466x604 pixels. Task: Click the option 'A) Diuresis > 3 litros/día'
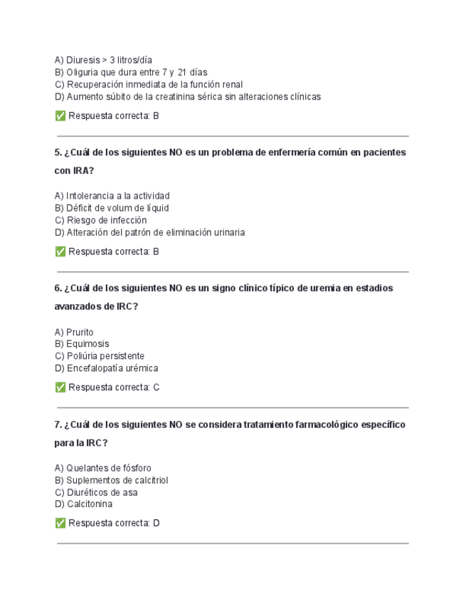pos(103,60)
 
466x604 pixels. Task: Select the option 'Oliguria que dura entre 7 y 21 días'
pos(131,72)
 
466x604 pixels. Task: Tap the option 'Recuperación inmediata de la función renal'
pos(149,84)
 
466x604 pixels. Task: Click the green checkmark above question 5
pos(60,115)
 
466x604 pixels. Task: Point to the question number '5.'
pos(58,152)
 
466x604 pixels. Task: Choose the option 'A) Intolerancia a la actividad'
pos(112,195)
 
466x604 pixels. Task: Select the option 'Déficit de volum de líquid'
pos(112,208)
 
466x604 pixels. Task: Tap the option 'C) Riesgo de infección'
pos(100,220)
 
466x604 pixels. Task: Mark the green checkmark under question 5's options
pos(60,251)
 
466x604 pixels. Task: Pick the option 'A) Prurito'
pos(74,332)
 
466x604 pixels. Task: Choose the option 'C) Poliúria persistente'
pos(100,356)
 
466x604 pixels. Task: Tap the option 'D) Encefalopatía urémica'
pos(106,368)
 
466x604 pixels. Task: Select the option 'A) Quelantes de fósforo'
pos(102,468)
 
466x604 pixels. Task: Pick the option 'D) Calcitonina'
pos(83,504)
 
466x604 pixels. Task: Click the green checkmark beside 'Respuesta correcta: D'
pos(60,524)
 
